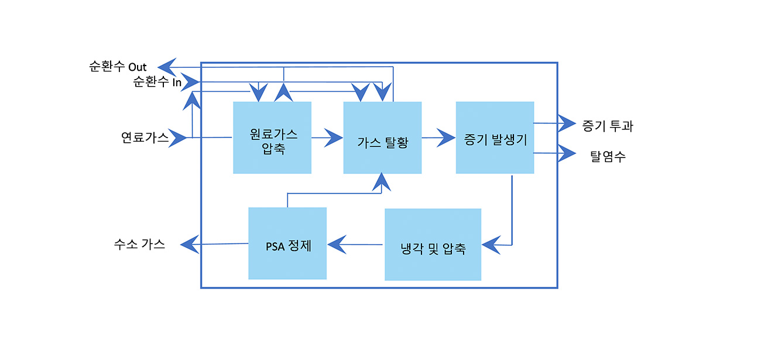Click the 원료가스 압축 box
point(272,138)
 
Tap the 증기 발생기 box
point(495,138)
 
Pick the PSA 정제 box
point(287,243)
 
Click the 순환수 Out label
point(118,66)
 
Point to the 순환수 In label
point(157,82)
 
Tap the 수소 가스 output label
point(139,245)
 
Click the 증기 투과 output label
point(608,125)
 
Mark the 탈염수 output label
point(608,156)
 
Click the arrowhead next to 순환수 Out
point(167,66)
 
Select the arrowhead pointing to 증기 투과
point(567,124)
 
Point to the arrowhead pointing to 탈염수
point(567,153)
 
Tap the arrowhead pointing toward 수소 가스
point(189,244)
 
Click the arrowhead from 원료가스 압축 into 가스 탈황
point(334,138)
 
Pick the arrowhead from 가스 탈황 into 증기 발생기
point(447,138)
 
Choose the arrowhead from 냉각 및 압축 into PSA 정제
point(336,244)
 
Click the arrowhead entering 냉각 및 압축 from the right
point(491,245)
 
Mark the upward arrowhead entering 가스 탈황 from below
point(382,181)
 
